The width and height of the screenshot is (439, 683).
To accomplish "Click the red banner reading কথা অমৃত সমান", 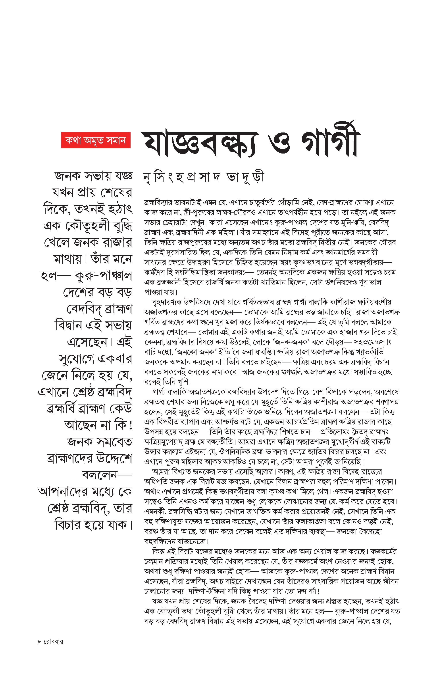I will tap(96, 140).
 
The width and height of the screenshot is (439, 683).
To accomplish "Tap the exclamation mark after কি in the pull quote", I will tap(131, 425).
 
